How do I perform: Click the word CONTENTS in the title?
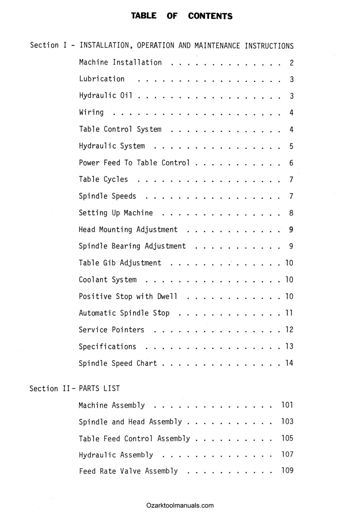coord(210,16)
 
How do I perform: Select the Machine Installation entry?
coord(121,62)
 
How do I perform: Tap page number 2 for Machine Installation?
coord(291,63)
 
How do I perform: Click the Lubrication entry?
coord(102,79)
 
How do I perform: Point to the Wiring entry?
coord(91,112)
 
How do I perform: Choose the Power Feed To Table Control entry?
coord(134,163)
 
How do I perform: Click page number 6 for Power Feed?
coord(291,163)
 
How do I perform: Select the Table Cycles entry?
coord(103,180)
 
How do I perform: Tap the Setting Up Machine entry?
coord(115,213)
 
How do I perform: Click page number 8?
coord(291,213)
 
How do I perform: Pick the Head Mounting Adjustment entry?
coord(128,230)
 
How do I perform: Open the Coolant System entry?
coord(108,280)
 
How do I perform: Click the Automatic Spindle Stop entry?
coord(124,313)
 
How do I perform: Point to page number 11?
coord(289,313)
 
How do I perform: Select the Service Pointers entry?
coord(112,330)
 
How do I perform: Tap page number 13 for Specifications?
coord(289,347)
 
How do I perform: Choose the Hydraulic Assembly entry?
coord(116,455)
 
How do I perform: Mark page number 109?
coord(287,471)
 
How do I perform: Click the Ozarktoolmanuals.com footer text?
coord(180,505)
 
